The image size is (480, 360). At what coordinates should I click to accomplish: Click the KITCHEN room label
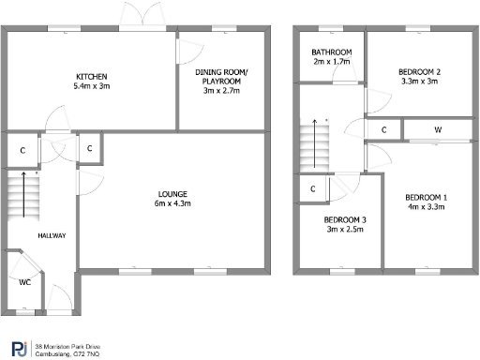coord(92,76)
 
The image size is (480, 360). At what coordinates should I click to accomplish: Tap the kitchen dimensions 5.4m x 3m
coord(92,85)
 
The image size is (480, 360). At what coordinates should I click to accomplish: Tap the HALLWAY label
coord(52,235)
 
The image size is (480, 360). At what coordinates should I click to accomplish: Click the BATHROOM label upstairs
coord(332,52)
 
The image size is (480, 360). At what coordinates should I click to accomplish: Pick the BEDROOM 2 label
coord(417,71)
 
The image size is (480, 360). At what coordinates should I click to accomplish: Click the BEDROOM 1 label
coord(426,198)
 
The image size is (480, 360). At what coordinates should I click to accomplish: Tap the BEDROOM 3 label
coord(338,220)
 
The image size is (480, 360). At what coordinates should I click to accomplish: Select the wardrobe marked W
coord(438,129)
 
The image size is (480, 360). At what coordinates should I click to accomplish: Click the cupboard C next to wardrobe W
coord(384,129)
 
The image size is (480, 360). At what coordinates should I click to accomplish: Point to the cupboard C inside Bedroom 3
coord(311,189)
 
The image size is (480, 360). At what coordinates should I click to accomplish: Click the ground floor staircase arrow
coord(25,199)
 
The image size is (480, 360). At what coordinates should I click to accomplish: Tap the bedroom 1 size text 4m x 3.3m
coord(426,208)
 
